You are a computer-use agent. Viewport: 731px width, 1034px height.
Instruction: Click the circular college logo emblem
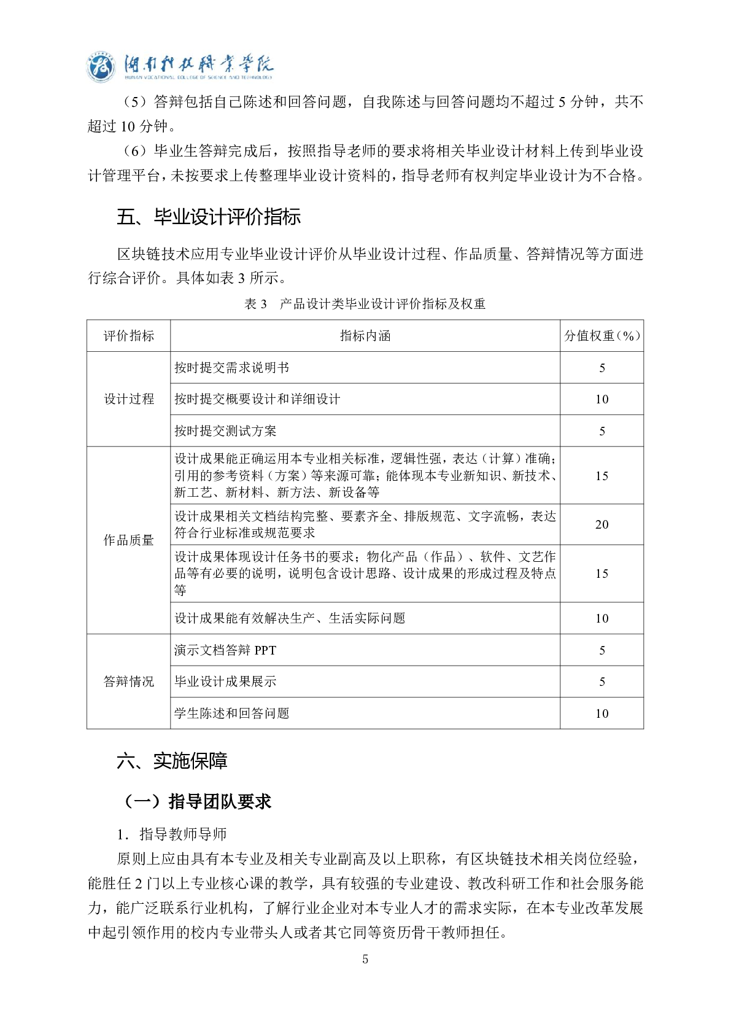(x=101, y=66)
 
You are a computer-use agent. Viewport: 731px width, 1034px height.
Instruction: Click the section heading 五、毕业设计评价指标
(x=209, y=217)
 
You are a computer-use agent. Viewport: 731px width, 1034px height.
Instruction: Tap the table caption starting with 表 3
(x=365, y=304)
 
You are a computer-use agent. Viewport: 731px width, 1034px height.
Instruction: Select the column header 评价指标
(x=128, y=336)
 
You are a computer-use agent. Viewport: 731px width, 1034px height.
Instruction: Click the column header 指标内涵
(x=365, y=336)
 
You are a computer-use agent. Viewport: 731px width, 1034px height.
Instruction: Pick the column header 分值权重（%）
(x=601, y=336)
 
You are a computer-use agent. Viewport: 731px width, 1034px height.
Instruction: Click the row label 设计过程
(x=128, y=399)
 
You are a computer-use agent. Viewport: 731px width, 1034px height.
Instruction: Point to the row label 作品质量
(x=128, y=540)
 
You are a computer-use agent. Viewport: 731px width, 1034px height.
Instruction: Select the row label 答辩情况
(x=128, y=682)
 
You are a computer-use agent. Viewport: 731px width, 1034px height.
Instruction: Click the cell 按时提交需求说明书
(x=231, y=368)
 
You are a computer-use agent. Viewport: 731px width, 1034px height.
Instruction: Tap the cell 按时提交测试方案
(x=225, y=431)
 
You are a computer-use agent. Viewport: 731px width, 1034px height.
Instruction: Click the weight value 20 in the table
(x=601, y=524)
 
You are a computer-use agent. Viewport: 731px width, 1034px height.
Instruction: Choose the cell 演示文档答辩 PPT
(x=225, y=650)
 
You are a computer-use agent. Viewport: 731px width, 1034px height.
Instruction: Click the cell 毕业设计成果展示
(x=225, y=682)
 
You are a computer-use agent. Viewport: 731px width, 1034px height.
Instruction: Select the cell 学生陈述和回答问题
(x=231, y=713)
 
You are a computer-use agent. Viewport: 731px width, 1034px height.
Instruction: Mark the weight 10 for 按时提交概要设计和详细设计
(x=601, y=399)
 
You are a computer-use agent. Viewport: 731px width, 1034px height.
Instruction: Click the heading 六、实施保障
(x=172, y=761)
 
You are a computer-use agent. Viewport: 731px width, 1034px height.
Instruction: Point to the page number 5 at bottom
(x=365, y=959)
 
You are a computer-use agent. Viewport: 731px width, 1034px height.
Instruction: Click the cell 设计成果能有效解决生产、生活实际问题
(x=290, y=618)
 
